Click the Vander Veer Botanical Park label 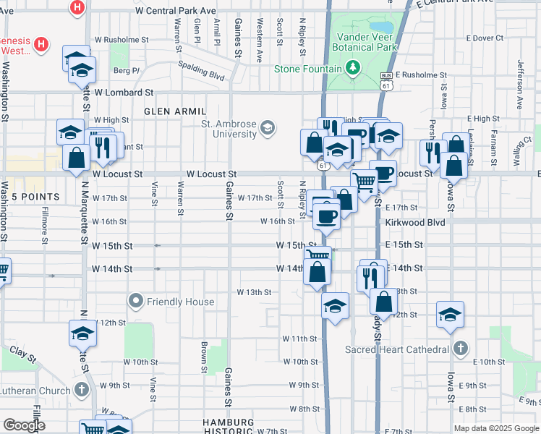tap(366, 41)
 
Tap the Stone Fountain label tap(307, 69)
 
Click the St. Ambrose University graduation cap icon tap(268, 128)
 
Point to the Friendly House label tap(180, 301)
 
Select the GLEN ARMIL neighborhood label tap(175, 111)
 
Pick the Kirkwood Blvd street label tap(414, 221)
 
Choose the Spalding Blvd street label tap(202, 69)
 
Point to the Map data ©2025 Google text tap(495, 428)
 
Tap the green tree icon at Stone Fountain tap(353, 69)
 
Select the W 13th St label tap(254, 292)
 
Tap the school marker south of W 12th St tap(82, 334)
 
